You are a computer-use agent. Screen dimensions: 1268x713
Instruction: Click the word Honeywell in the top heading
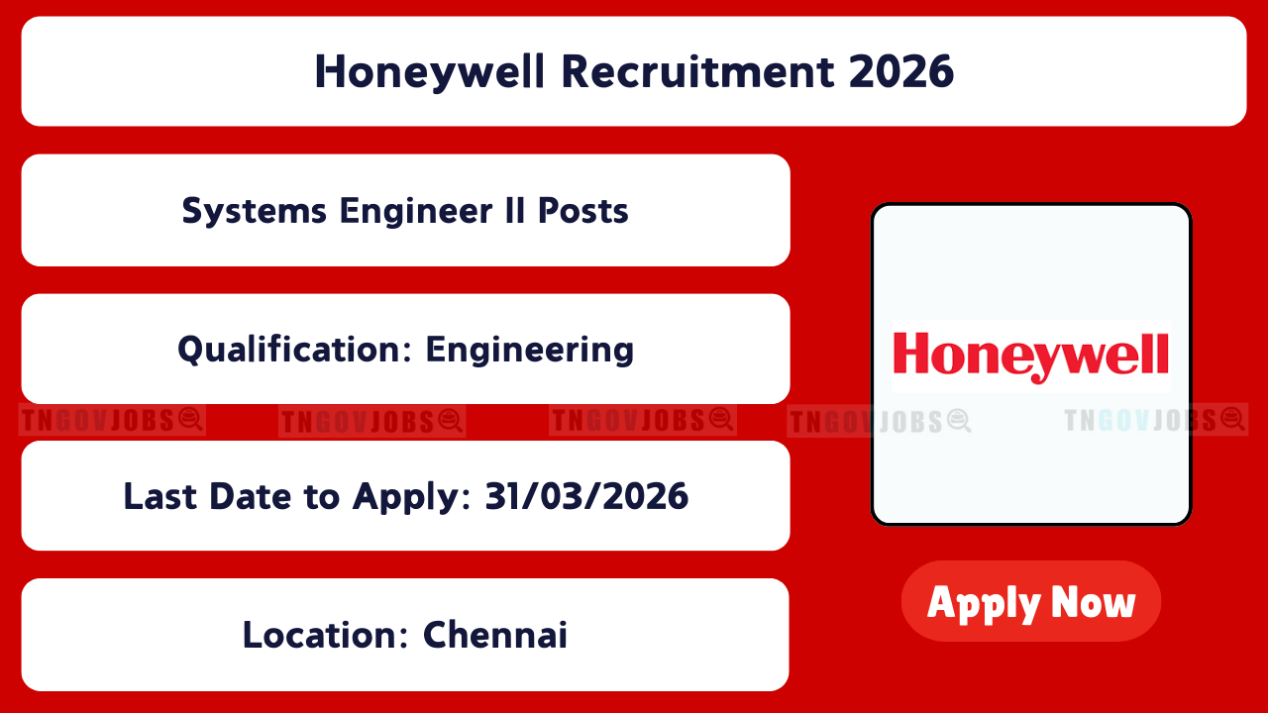[430, 72]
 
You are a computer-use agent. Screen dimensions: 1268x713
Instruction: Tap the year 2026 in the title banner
[901, 71]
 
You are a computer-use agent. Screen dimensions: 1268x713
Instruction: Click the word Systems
[255, 212]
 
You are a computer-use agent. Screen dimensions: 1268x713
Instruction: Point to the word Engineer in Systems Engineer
[416, 212]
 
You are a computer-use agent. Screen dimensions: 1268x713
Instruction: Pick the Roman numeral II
[514, 211]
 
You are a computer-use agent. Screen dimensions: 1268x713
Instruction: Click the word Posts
[583, 211]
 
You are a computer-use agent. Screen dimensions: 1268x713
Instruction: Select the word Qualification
[294, 350]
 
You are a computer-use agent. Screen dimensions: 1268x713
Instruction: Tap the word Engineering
[530, 351]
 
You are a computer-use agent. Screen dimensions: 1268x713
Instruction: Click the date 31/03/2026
[586, 496]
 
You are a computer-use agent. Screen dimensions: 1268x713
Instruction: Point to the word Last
[160, 496]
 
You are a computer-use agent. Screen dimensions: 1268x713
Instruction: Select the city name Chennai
[494, 635]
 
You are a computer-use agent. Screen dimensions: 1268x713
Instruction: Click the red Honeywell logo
[1031, 356]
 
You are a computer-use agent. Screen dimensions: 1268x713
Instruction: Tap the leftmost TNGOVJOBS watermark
[112, 421]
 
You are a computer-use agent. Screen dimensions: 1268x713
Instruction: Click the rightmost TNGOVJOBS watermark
[1155, 420]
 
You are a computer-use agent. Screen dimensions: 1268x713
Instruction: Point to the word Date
[251, 496]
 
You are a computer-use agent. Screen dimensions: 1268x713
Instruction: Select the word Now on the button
[1093, 603]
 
